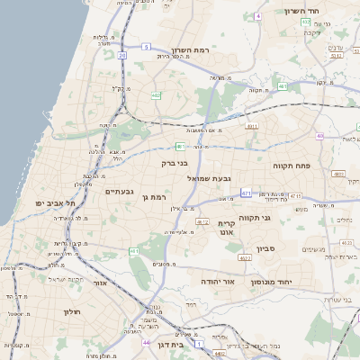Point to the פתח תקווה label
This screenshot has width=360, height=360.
coord(292,166)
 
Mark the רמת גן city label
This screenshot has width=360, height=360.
coord(156,196)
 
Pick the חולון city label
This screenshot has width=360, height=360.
coord(73,311)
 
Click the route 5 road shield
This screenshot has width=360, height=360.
coord(146,45)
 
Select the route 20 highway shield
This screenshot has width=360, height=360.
coord(121,55)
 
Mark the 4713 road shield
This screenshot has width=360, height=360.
coord(295,194)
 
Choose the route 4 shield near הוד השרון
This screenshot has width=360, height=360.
coord(257,16)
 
